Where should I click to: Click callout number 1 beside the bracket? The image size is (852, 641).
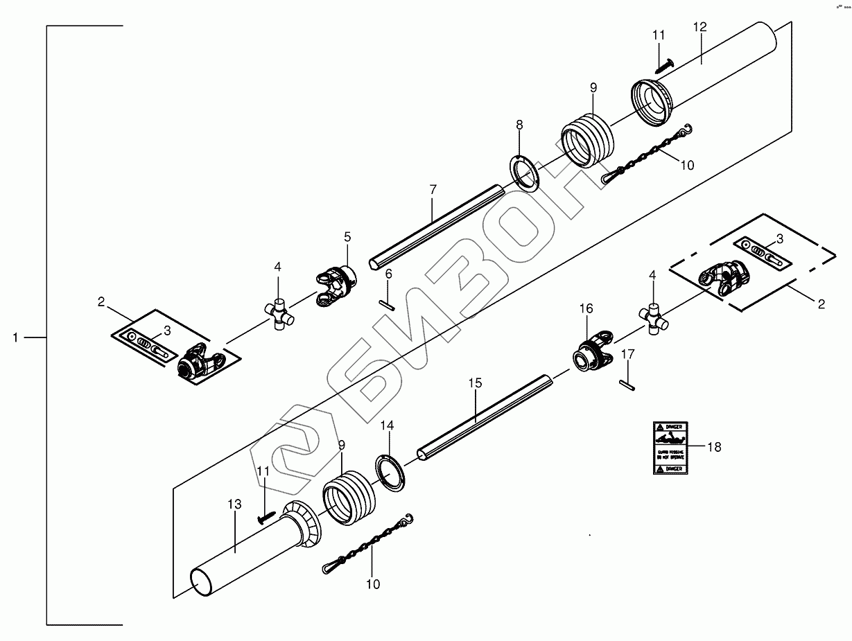15,337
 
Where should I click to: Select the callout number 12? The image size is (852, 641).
699,27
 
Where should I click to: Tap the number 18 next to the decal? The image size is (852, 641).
713,447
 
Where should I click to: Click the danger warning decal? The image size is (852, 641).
670,448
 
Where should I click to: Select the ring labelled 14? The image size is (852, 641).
392,473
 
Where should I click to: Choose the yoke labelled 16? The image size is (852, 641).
593,351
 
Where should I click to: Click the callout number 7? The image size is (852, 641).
433,188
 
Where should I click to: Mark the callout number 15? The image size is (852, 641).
474,382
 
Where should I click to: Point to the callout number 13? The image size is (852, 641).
235,504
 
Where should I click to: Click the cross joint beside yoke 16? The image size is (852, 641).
653,319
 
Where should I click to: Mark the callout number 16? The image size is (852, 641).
586,308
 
